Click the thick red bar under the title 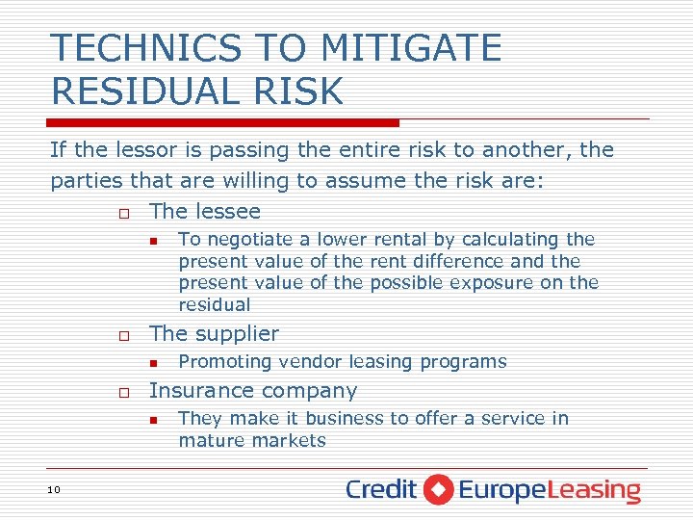(x=223, y=122)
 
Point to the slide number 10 (x=53, y=490)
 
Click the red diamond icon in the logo (x=438, y=489)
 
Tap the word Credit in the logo (x=381, y=489)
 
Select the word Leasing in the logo (x=595, y=491)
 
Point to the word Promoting (x=225, y=361)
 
